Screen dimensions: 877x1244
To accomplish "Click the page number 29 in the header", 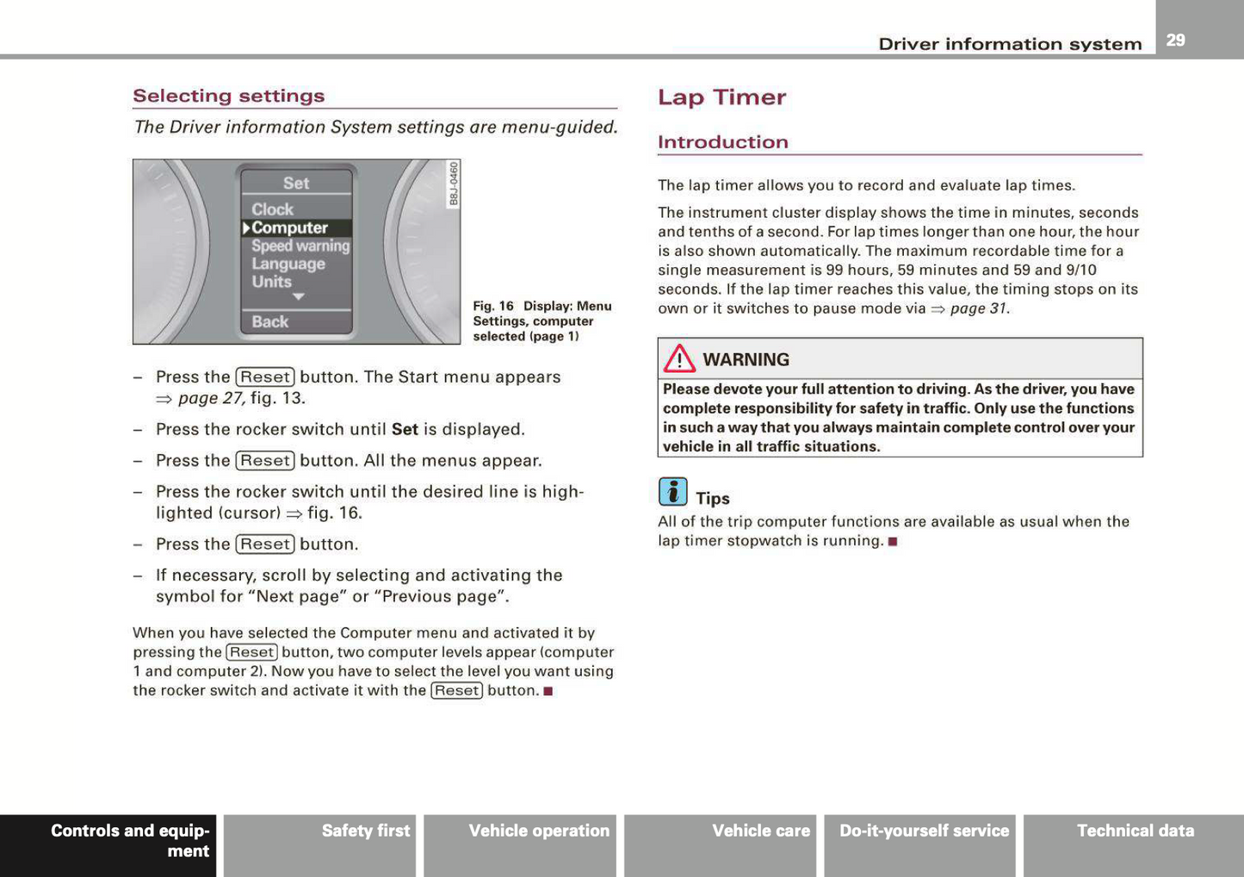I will (1175, 40).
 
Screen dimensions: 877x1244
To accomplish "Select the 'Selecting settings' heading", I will (229, 96).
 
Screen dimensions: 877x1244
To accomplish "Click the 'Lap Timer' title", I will (721, 97).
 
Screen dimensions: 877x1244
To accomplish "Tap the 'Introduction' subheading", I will (722, 142).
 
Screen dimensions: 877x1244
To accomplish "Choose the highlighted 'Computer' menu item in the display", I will (289, 228).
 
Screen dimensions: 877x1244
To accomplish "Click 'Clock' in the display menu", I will (272, 209).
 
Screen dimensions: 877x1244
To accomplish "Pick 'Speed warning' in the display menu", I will (300, 246).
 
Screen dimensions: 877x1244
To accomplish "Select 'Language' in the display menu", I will (288, 264).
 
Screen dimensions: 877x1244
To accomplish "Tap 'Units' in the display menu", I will (271, 282).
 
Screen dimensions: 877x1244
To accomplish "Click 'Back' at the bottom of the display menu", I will (269, 321).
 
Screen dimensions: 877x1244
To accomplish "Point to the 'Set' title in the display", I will (295, 183).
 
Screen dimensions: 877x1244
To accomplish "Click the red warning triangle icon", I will (679, 358).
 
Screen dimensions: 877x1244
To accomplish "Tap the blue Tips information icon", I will (672, 492).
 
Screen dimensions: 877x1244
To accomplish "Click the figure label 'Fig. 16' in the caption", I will (493, 306).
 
